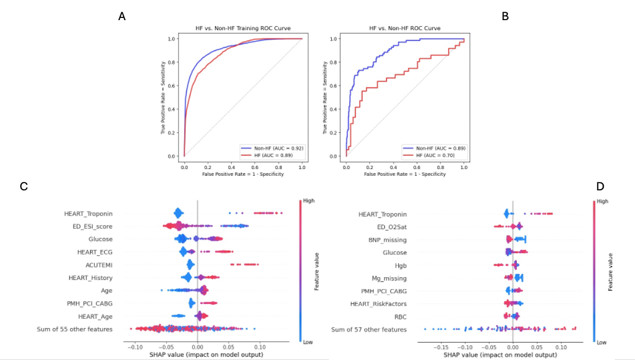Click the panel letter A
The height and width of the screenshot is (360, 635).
tap(122, 17)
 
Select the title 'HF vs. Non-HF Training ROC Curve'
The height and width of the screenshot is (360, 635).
tap(243, 27)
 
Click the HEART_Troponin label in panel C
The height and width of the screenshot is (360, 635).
tap(91, 214)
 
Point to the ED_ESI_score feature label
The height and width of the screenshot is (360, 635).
tap(93, 226)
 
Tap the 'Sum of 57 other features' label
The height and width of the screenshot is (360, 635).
tap(369, 329)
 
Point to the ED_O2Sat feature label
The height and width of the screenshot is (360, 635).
tap(390, 227)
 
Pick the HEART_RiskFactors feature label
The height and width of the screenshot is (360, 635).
tap(378, 303)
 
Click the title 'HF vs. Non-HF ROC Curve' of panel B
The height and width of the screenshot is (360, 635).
tap(405, 27)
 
